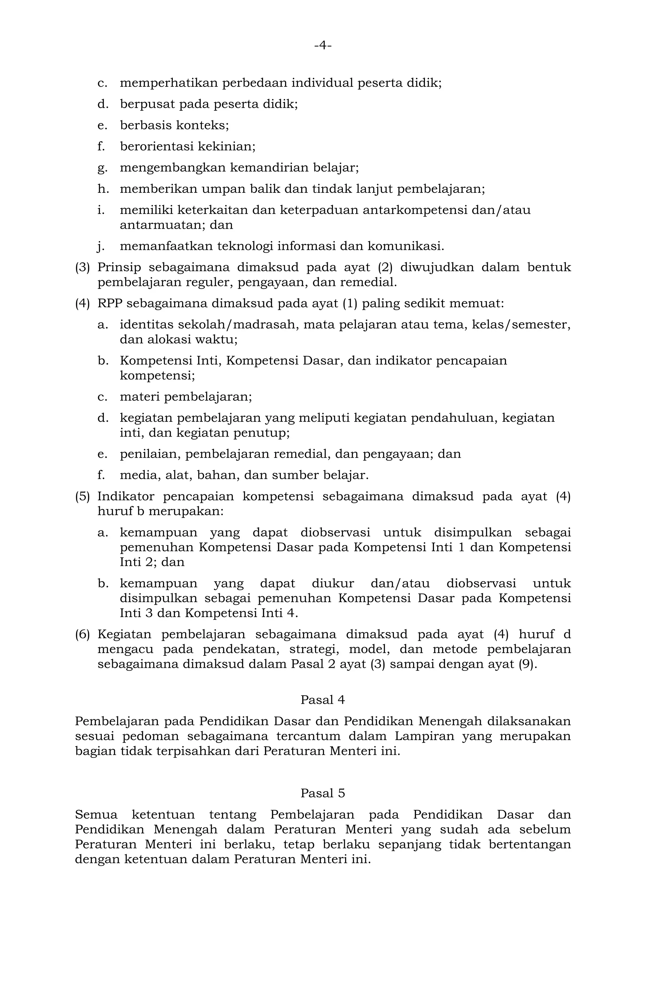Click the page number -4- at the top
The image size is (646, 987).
tap(323, 45)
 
